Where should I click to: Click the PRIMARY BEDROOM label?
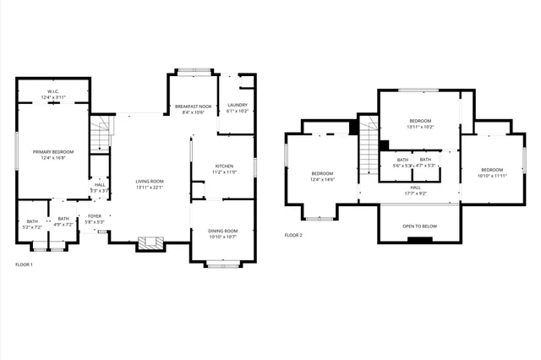pos(54,154)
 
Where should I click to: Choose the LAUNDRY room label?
pos(238,107)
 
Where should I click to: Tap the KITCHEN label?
pos(224,168)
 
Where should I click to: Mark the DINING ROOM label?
pos(222,233)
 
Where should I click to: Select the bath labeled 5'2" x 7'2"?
pos(31,224)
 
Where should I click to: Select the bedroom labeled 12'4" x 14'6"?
pos(323,176)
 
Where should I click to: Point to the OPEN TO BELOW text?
pos(419,226)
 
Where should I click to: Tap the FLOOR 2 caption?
pos(293,235)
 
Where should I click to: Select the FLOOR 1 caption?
pos(24,265)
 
